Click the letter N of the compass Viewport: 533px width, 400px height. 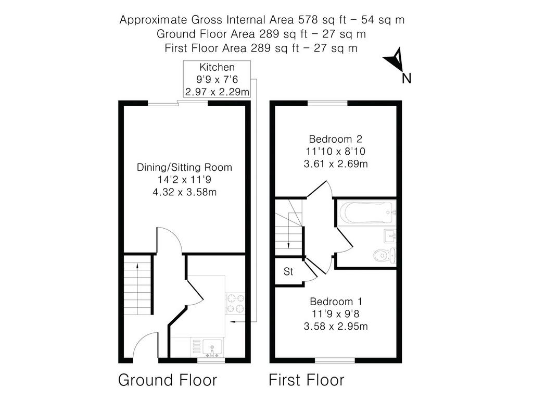tap(406, 78)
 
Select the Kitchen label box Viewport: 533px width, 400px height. tap(217, 79)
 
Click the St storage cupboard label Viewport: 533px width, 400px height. tap(288, 272)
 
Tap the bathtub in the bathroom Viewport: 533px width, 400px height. tap(367, 213)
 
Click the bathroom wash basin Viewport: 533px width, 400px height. tap(390, 236)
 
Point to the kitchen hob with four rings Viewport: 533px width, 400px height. tap(235, 304)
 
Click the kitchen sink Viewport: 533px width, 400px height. tap(212, 348)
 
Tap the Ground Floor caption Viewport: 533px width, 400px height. tap(168, 380)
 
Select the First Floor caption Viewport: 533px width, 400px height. tap(306, 380)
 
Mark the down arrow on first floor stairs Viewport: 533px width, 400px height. tap(288, 231)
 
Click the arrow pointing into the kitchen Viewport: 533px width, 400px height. tap(243, 321)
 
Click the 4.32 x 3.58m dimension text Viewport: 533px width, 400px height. tap(185, 192)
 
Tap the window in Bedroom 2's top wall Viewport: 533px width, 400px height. tap(328, 103)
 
